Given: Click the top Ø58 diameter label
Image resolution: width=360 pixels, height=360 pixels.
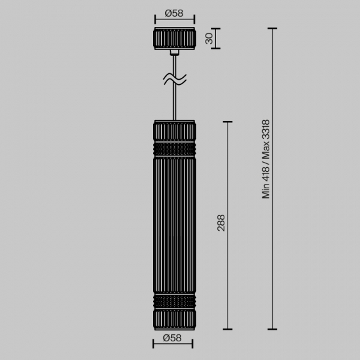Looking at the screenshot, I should click(x=174, y=12).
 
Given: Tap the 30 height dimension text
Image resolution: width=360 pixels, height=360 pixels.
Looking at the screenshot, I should click(x=209, y=39).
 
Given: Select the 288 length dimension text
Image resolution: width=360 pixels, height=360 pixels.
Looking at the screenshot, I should click(x=221, y=222).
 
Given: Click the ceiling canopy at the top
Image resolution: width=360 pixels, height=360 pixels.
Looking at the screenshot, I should click(x=174, y=39).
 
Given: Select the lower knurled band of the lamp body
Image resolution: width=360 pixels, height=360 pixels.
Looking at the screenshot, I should click(x=174, y=301).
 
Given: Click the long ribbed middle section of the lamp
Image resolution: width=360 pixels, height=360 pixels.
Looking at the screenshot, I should click(x=174, y=225).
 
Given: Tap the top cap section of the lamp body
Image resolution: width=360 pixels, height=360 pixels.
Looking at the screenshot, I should click(x=174, y=131).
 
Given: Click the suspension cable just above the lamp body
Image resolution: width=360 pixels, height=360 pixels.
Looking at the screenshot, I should click(x=174, y=106).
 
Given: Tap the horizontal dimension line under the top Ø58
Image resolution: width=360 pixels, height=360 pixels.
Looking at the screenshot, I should click(x=174, y=21).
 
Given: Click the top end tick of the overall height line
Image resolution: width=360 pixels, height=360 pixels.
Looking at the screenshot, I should click(x=273, y=29).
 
